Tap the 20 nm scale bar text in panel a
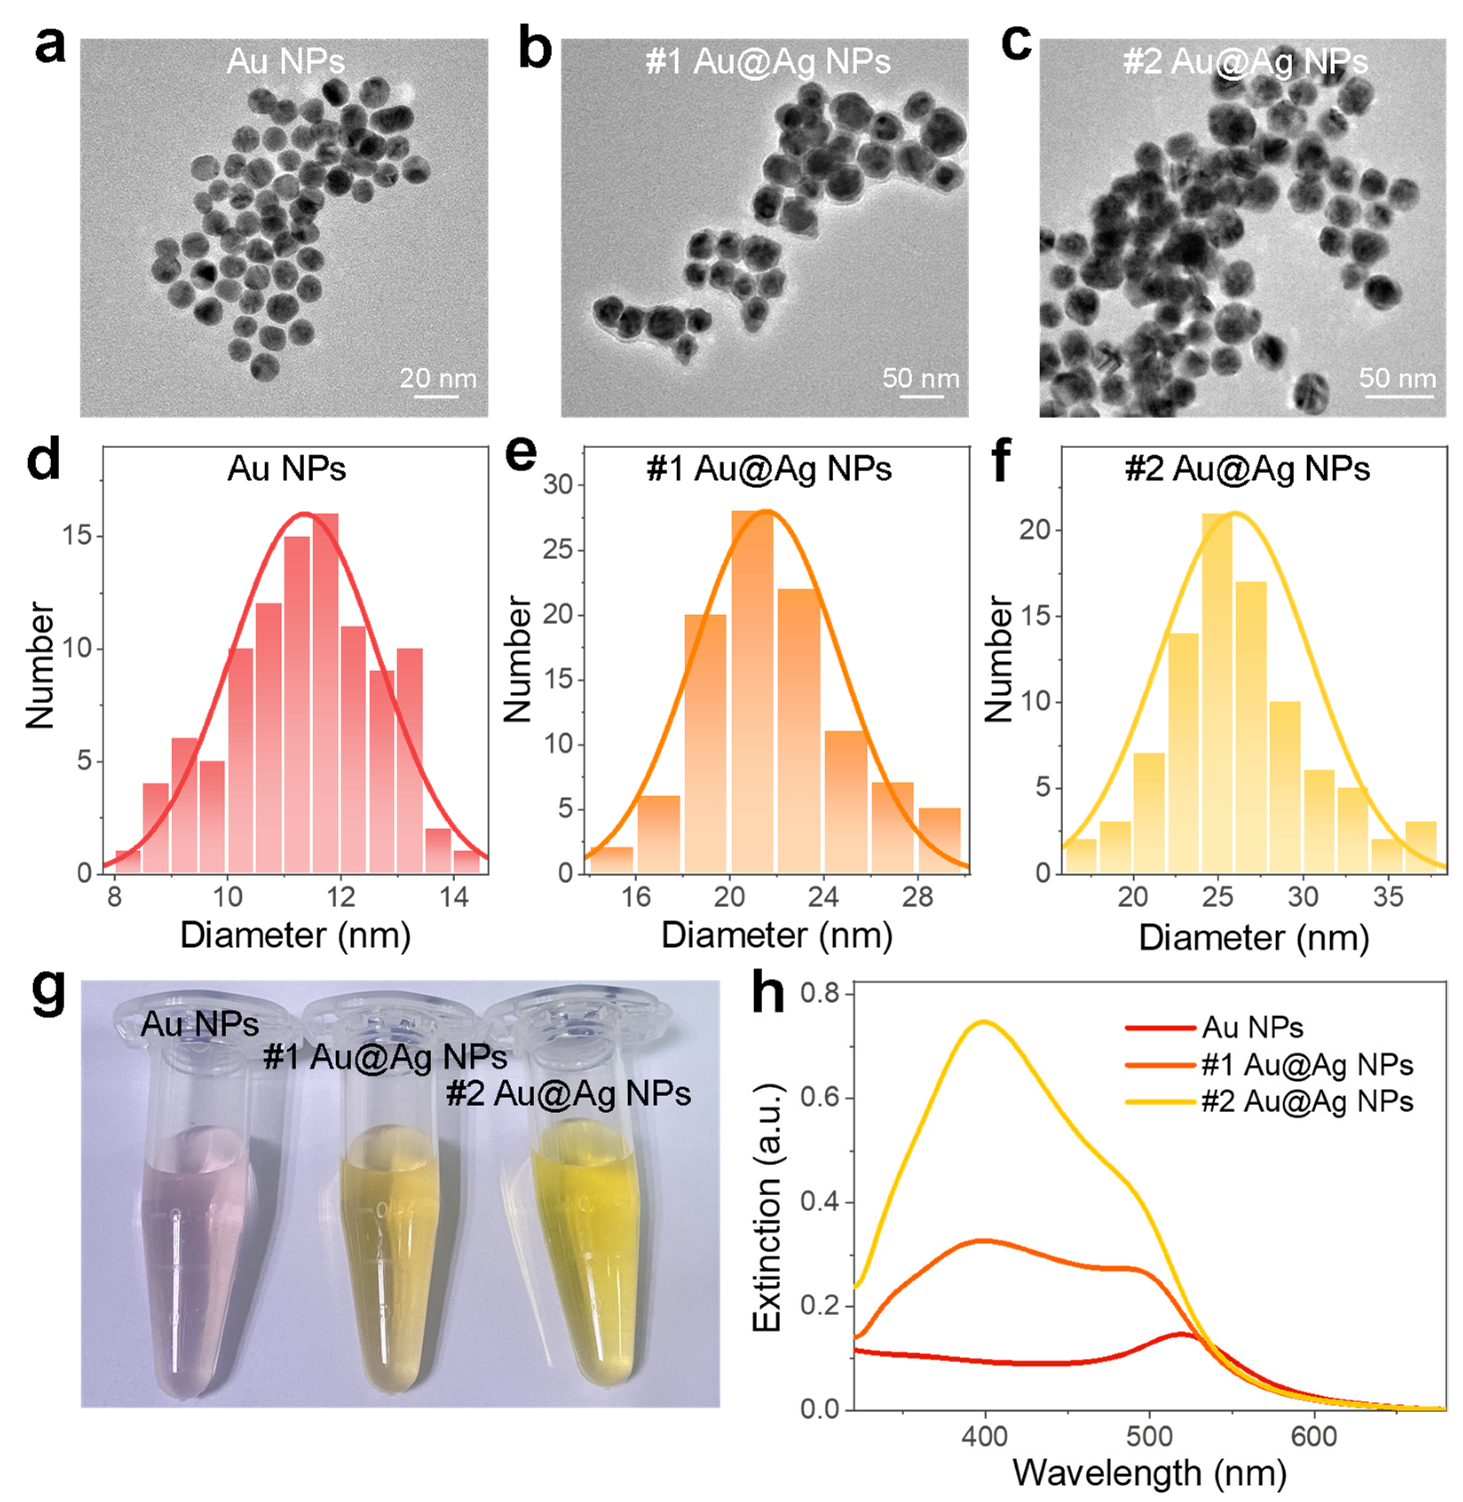pos(437,378)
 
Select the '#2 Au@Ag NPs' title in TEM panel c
pos(1245,62)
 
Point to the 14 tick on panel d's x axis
pos(454,896)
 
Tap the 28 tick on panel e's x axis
pos(917,896)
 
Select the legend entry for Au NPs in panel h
pos(1253,1028)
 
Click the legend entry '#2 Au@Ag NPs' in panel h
pos(1306,1102)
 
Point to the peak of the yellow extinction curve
pos(983,1022)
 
